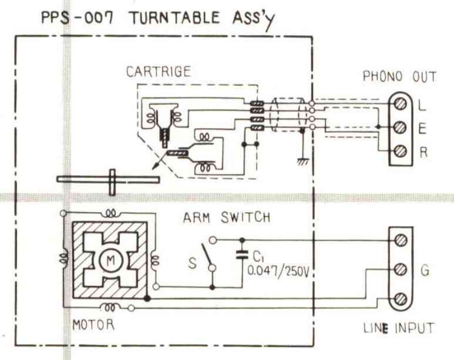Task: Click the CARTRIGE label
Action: click(158, 73)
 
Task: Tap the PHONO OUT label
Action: click(400, 76)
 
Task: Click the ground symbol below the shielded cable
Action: click(302, 159)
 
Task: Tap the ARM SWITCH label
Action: click(227, 218)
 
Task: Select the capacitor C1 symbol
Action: click(241, 256)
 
